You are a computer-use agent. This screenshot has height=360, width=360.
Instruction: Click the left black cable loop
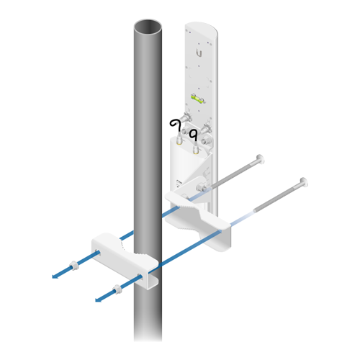(x=175, y=127)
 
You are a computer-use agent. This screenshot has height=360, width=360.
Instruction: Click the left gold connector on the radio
(x=179, y=143)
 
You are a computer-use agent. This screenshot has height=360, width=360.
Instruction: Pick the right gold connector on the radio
(x=197, y=150)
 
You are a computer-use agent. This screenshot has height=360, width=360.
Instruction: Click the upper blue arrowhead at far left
(x=55, y=275)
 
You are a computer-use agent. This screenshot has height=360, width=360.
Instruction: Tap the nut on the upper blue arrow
(x=75, y=264)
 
